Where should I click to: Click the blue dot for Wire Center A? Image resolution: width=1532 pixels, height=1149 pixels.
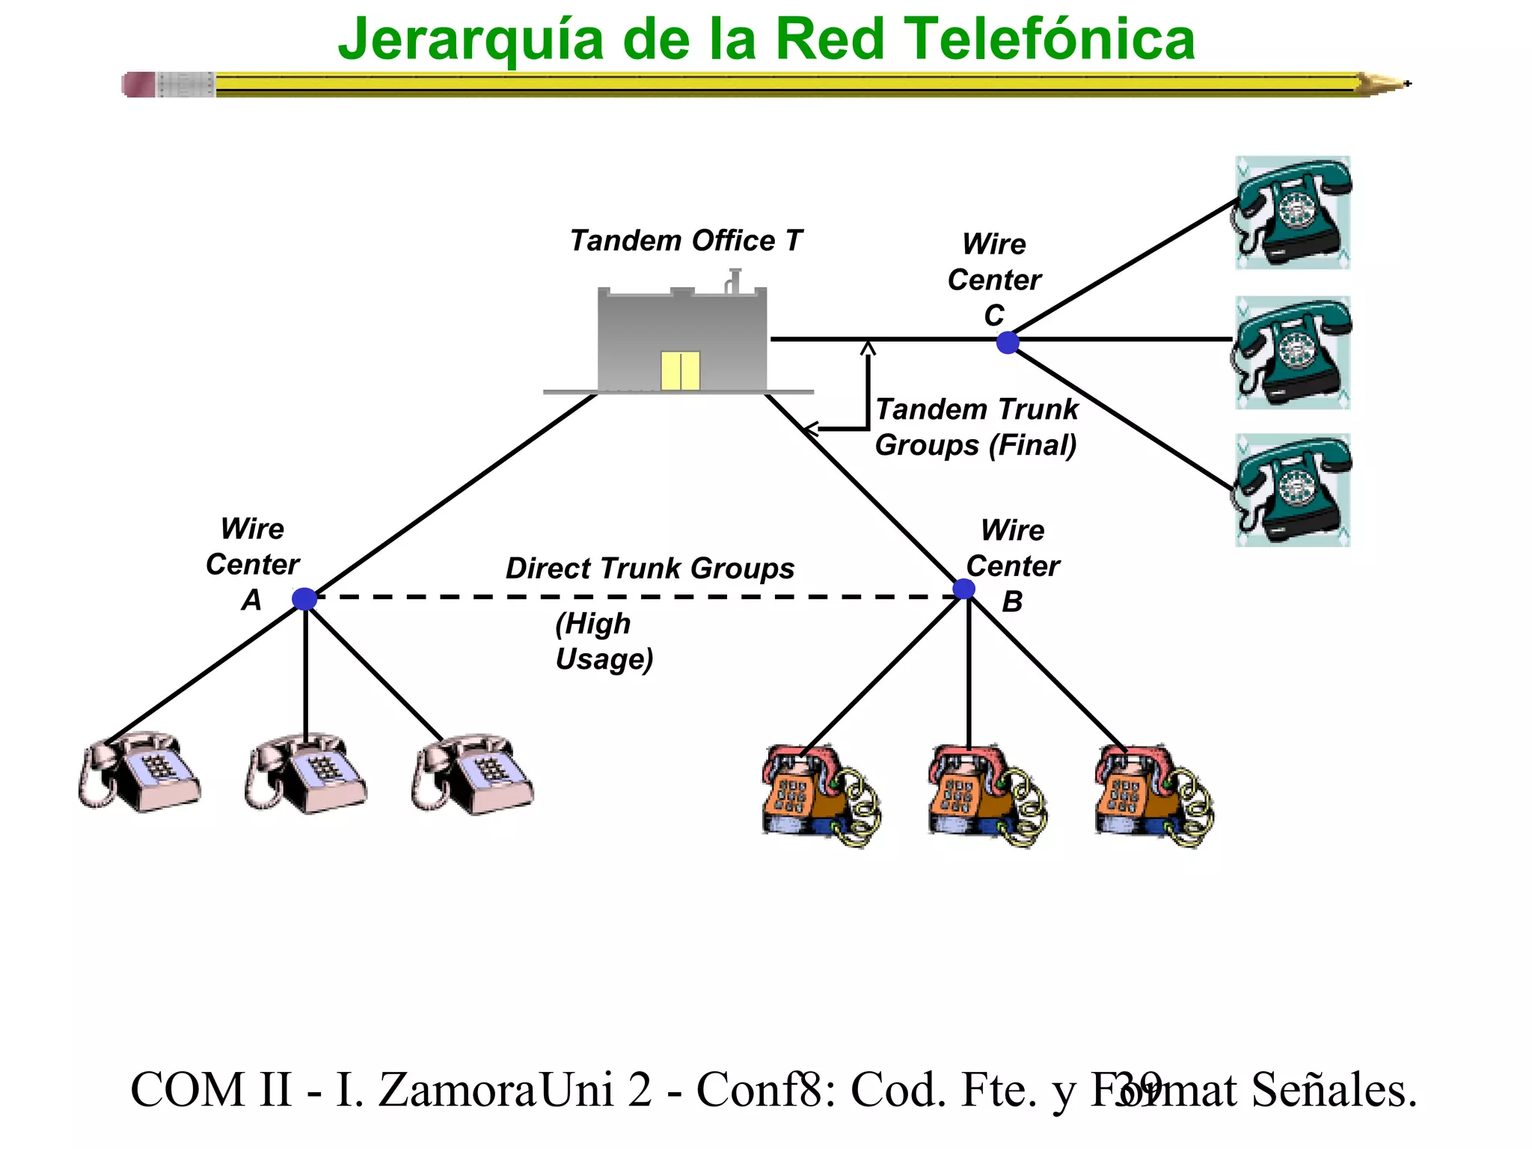pyautogui.click(x=304, y=598)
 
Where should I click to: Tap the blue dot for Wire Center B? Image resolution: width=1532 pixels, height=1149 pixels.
pyautogui.click(x=964, y=589)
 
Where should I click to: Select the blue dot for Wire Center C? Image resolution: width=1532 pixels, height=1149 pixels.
pyautogui.click(x=1008, y=343)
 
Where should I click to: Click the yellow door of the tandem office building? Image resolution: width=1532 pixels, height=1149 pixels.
pyautogui.click(x=680, y=371)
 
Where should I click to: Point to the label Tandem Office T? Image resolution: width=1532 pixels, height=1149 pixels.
pyautogui.click(x=685, y=241)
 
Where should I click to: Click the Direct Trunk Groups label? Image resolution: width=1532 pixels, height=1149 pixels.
pyautogui.click(x=649, y=569)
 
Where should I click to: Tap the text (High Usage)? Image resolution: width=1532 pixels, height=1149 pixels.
pyautogui.click(x=604, y=641)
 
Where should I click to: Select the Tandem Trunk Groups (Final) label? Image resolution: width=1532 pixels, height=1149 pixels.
pyautogui.click(x=976, y=427)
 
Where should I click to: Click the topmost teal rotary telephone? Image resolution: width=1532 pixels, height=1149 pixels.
pyautogui.click(x=1292, y=212)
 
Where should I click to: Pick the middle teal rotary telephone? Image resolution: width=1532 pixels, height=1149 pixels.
pyautogui.click(x=1292, y=352)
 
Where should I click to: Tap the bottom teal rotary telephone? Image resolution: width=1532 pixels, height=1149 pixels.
pyautogui.click(x=1292, y=491)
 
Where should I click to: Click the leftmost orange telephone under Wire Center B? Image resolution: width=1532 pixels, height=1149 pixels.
pyautogui.click(x=820, y=796)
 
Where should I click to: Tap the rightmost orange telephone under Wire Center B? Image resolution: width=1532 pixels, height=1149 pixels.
pyautogui.click(x=1153, y=796)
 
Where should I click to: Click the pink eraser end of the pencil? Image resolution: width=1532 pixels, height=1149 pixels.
pyautogui.click(x=139, y=85)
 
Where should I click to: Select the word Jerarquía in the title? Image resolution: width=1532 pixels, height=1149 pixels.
pyautogui.click(x=471, y=40)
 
